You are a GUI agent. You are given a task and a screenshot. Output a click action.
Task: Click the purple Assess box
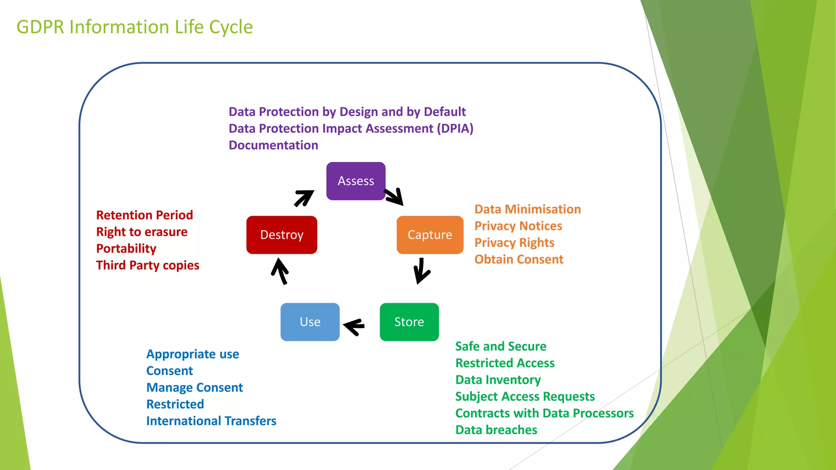coord(356,181)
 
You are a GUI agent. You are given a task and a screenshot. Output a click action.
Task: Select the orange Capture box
coord(430,235)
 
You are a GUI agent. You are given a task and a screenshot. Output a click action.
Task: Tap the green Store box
coord(409,321)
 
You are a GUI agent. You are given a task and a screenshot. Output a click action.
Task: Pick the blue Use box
coord(310,321)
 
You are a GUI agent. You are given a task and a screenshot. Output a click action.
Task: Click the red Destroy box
coord(282,235)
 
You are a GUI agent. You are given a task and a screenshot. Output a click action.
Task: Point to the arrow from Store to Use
coord(354,326)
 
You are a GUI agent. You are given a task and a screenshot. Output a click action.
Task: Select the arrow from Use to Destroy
coord(280,271)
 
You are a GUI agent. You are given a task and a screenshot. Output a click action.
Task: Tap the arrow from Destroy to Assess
coord(304,198)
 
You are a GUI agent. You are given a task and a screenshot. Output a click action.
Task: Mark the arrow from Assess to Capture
coord(394,196)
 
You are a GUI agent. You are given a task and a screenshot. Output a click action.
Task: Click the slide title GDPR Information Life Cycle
coord(135,27)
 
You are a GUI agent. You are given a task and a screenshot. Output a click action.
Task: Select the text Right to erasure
coord(142,232)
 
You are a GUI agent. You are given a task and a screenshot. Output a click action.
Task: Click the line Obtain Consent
coord(519,259)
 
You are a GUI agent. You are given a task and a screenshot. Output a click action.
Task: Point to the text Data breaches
coord(496,430)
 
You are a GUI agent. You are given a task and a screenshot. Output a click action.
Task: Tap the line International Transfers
coord(211,421)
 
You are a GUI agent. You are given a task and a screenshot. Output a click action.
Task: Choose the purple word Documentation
coord(273,145)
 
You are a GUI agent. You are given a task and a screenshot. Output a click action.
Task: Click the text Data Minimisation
coord(527,209)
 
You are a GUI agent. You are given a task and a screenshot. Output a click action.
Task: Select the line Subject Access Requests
coord(525,396)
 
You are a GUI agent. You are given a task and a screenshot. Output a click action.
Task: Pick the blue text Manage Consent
coord(194,387)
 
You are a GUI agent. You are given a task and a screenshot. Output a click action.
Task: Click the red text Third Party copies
coord(147,265)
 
